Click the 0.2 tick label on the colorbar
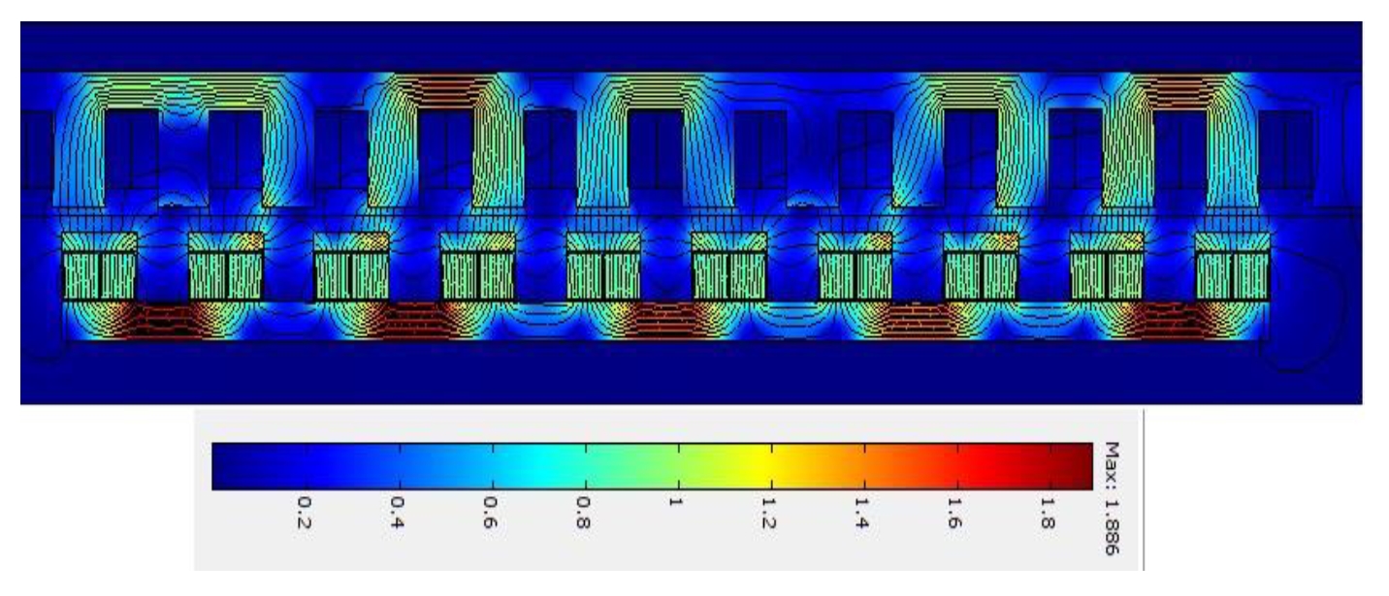[304, 513]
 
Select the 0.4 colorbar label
[397, 513]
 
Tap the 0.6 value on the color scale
[490, 513]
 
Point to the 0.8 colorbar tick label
[583, 513]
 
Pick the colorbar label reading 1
[676, 501]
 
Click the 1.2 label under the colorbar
[769, 513]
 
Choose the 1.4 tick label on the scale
[862, 513]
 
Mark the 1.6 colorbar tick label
[954, 513]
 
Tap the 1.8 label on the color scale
[1048, 513]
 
